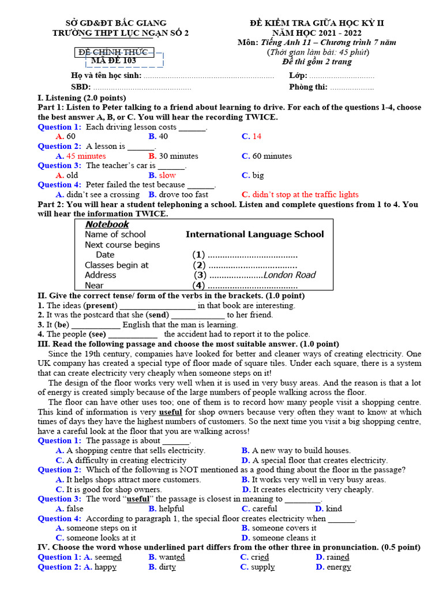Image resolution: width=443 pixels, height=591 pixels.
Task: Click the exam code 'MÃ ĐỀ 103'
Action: coord(114,61)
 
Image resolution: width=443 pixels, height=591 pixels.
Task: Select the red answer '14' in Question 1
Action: coord(257,136)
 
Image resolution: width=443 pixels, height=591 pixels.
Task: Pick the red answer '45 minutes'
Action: coord(86,156)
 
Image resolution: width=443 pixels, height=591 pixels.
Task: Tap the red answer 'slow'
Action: coord(167,175)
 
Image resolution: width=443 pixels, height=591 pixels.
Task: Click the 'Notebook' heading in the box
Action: coord(107,224)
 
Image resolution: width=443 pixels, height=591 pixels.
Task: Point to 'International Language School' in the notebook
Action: coord(254,234)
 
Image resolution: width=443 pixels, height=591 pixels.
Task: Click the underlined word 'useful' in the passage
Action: coord(170,412)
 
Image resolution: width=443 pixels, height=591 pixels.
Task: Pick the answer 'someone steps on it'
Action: coord(102,528)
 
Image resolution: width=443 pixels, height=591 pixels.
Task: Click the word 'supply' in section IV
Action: coord(263,567)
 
